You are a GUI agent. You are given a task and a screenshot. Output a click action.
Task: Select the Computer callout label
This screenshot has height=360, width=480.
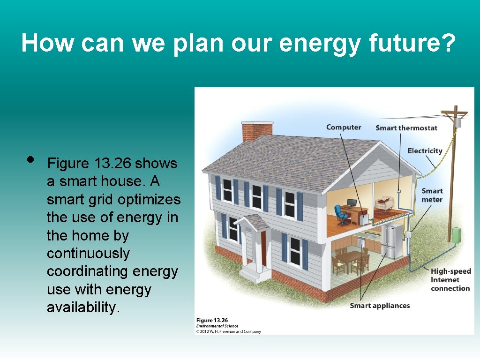click(x=344, y=127)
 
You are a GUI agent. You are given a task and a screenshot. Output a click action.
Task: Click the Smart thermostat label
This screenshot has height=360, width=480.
click(x=406, y=128)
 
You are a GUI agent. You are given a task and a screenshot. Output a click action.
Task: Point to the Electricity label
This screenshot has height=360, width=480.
click(x=425, y=151)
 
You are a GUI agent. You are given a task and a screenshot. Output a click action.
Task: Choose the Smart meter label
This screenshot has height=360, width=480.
click(x=432, y=195)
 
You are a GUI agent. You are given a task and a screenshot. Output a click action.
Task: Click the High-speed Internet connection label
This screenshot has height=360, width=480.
click(x=450, y=280)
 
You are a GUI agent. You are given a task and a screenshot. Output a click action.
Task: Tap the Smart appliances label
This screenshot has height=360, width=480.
click(x=380, y=306)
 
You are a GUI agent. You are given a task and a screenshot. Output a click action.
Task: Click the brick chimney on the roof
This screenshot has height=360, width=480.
click(x=257, y=131)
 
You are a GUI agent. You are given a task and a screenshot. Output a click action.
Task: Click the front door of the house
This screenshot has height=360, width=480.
click(x=263, y=248)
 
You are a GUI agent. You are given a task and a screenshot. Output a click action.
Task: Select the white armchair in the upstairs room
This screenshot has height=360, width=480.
click(x=385, y=204)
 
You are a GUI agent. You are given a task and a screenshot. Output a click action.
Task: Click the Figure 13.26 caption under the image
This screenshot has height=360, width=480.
click(x=212, y=320)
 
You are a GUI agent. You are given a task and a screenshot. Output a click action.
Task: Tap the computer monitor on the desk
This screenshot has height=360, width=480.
click(x=352, y=204)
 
